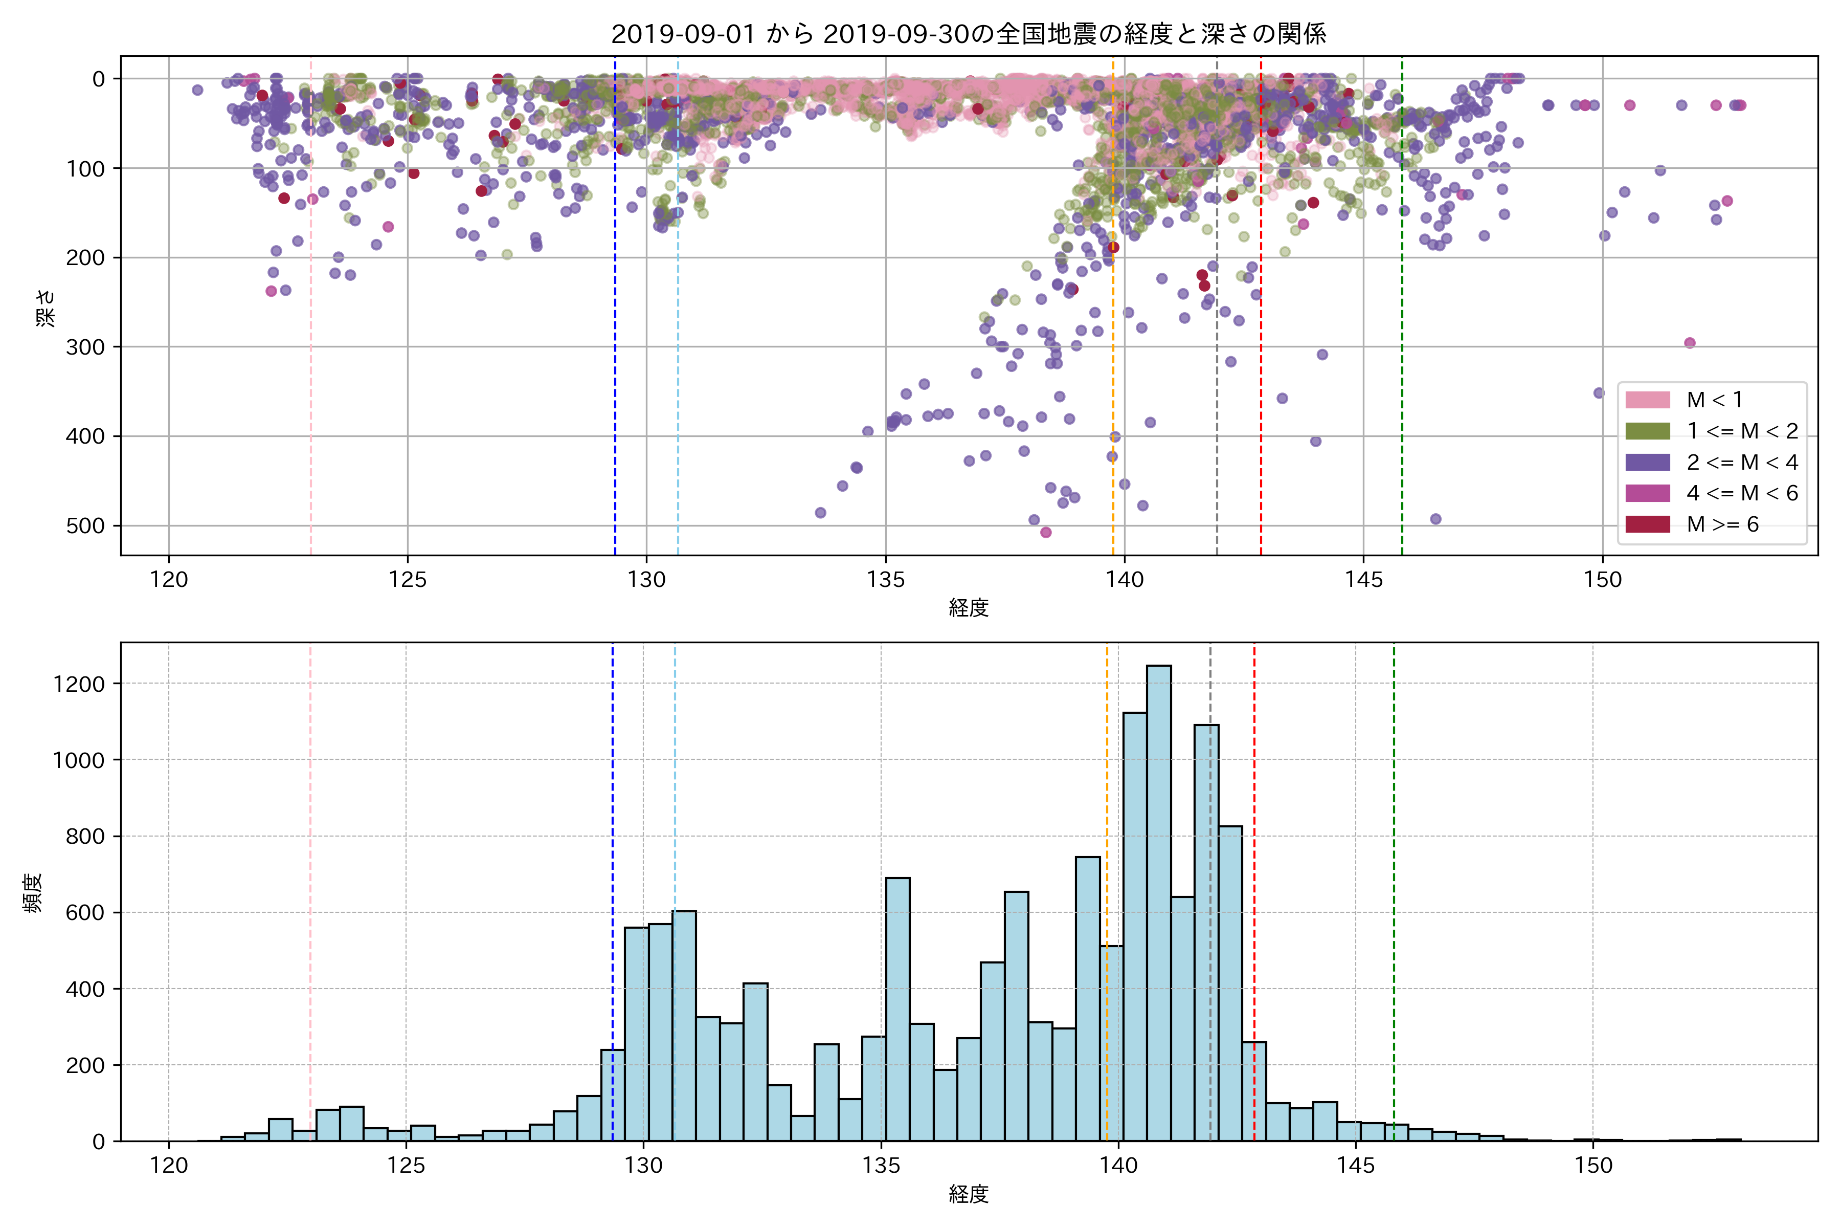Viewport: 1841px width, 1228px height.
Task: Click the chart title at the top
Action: (968, 34)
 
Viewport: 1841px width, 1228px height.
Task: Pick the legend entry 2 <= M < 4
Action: (1742, 462)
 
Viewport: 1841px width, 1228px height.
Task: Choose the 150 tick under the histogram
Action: (1593, 1166)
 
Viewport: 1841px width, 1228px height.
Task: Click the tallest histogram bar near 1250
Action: (1158, 901)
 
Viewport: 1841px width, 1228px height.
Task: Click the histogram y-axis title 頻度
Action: (33, 893)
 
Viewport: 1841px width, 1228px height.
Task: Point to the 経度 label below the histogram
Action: (968, 1194)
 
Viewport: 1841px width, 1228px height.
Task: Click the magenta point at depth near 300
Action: (1689, 343)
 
